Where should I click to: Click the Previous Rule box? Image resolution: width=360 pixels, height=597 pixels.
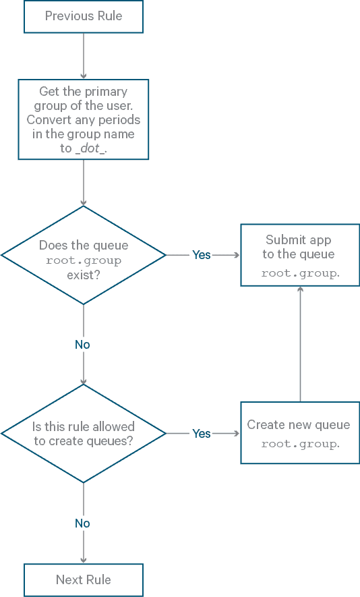tap(84, 16)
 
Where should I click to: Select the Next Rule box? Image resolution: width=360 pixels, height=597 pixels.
tap(84, 579)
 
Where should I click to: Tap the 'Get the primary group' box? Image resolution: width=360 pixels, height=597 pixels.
tap(84, 119)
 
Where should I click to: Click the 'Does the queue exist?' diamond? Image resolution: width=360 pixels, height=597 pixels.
tap(84, 255)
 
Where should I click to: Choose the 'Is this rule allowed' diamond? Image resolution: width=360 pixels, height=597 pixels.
tap(84, 434)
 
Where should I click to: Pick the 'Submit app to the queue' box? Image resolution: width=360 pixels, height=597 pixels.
tap(300, 255)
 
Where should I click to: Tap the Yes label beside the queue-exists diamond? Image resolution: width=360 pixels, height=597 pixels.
tap(202, 255)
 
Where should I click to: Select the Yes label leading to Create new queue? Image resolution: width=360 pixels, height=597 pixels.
tap(202, 434)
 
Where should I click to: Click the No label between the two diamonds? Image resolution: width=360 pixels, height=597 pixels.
tap(82, 345)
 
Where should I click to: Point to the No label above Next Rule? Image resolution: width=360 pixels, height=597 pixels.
tap(82, 523)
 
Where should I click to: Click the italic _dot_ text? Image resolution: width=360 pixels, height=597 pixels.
tap(92, 148)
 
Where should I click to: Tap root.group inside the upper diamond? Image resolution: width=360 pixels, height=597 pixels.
tap(84, 261)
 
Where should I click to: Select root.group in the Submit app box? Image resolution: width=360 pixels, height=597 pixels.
tap(300, 274)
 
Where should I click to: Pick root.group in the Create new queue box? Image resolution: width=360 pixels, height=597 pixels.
tap(300, 445)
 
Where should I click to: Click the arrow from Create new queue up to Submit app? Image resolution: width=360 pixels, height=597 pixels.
tap(300, 344)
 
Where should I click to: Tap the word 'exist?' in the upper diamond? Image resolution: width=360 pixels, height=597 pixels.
tap(84, 275)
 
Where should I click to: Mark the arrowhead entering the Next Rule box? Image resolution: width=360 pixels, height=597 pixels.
tap(84, 559)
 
